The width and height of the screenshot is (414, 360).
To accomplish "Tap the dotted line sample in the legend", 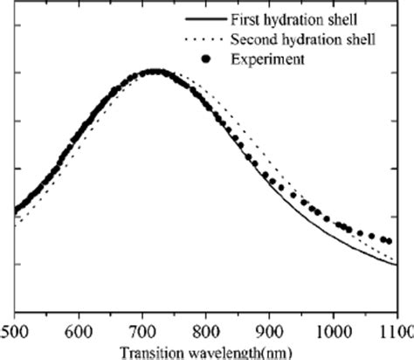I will (x=203, y=40).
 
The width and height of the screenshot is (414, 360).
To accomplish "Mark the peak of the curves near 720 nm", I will (x=155, y=71).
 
